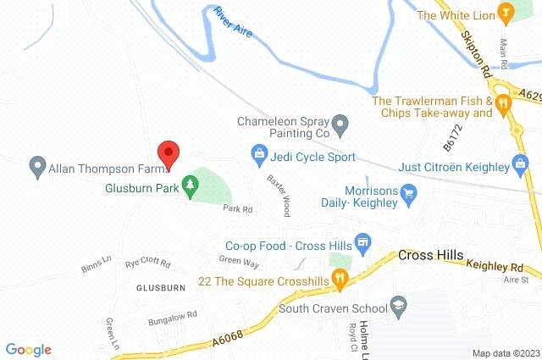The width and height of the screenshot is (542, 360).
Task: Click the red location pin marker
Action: pyautogui.click(x=169, y=154)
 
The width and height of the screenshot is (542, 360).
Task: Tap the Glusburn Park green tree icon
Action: pyautogui.click(x=191, y=182)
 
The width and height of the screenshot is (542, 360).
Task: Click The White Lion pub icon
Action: pyautogui.click(x=506, y=14)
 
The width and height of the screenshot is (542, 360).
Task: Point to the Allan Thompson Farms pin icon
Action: pyautogui.click(x=36, y=166)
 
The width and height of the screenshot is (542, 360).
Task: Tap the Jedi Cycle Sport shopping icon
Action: pyautogui.click(x=258, y=154)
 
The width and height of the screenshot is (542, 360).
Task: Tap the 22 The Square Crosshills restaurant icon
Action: pyautogui.click(x=339, y=276)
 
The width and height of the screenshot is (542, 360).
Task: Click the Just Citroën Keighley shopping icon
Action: pyautogui.click(x=521, y=163)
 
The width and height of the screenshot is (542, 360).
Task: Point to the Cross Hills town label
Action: pyautogui.click(x=429, y=255)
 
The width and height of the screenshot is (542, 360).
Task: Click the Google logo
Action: pyautogui.click(x=28, y=348)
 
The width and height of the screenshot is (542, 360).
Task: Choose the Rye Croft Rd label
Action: pyautogui.click(x=148, y=263)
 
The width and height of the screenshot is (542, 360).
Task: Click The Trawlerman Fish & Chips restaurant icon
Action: pyautogui.click(x=503, y=105)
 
